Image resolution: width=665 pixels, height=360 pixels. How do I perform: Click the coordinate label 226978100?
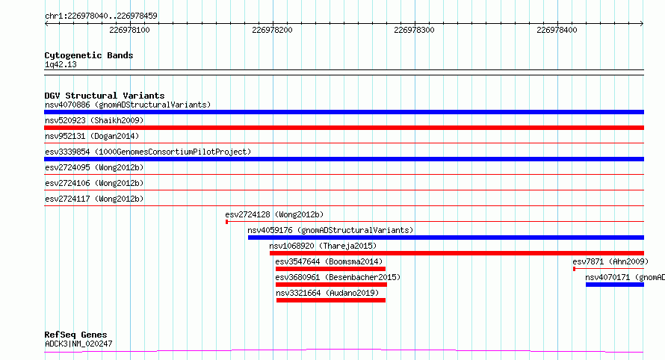click(x=129, y=30)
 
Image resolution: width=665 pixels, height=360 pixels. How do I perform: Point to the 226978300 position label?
click(x=414, y=30)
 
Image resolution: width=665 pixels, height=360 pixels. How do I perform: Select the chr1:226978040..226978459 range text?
click(x=101, y=16)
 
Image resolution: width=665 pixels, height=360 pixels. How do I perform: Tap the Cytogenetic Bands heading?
click(x=89, y=55)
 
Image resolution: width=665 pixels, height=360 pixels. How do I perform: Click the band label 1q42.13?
click(x=61, y=64)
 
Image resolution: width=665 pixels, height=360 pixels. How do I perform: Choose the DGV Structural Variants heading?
click(x=105, y=96)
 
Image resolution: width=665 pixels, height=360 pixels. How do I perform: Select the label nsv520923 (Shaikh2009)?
click(x=94, y=120)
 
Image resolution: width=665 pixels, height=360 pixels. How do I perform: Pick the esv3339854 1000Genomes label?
click(x=148, y=152)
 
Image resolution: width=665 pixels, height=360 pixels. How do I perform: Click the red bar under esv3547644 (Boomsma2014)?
click(x=330, y=269)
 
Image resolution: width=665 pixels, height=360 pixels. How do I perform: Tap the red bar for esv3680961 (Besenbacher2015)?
click(x=330, y=285)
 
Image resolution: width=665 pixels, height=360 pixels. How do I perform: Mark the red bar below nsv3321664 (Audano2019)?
click(x=331, y=300)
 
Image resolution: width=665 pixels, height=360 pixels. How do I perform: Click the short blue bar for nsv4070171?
click(x=615, y=285)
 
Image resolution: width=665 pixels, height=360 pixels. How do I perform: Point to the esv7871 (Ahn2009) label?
click(x=610, y=261)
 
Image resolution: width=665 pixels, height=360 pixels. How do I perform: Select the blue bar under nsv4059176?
click(x=446, y=238)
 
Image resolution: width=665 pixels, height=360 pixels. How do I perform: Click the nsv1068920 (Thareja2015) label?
click(x=323, y=246)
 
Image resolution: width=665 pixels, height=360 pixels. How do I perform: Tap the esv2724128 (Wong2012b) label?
click(x=274, y=214)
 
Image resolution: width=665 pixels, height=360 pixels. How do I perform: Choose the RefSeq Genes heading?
click(x=75, y=335)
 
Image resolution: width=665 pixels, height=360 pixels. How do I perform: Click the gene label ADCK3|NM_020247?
click(x=78, y=344)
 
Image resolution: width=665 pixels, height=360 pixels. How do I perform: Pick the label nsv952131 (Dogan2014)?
click(x=92, y=136)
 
